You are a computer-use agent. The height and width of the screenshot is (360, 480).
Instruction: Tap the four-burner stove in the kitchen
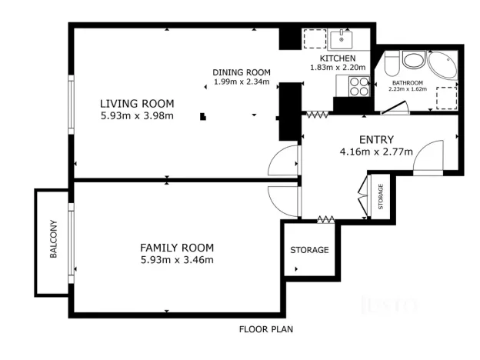coord(358,85)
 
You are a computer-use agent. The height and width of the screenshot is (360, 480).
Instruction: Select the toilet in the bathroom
coord(390,63)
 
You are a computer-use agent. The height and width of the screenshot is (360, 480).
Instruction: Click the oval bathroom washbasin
coord(413,61)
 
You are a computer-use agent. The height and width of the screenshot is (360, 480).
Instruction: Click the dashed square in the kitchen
coord(313,39)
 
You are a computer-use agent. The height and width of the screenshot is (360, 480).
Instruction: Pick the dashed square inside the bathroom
coord(445,98)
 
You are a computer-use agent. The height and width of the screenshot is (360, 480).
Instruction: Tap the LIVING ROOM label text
coord(137,103)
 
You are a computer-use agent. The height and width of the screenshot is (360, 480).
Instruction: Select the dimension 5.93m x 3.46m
coord(176,260)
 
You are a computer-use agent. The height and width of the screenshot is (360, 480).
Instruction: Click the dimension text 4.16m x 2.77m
coord(376,152)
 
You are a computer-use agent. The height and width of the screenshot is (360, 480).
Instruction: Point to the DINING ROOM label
coord(242,72)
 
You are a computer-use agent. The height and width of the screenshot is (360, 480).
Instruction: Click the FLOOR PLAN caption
coord(265,329)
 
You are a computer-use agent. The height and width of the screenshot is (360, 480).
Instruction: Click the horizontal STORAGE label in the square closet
coord(309,250)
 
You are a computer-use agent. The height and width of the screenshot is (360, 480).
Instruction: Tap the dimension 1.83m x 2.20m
coord(337,67)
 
